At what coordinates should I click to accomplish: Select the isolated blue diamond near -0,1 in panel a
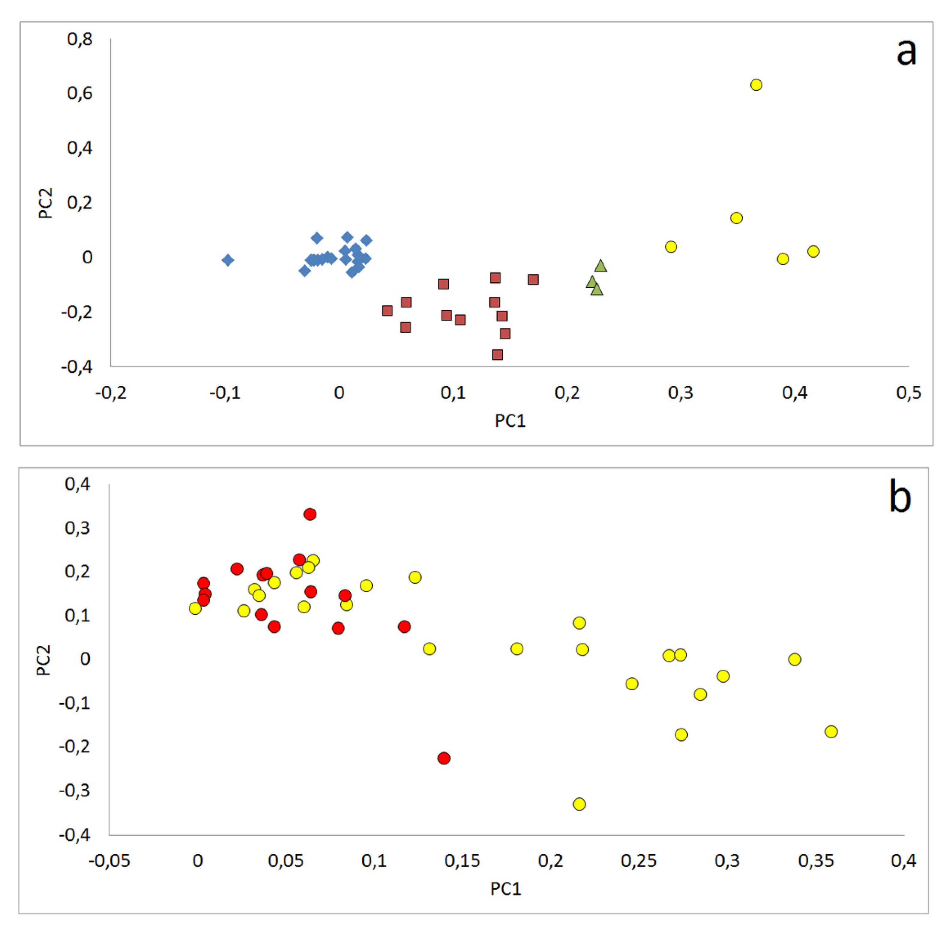tap(228, 260)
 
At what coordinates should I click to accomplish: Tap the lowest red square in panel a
tap(497, 354)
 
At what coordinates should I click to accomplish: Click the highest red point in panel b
tap(310, 514)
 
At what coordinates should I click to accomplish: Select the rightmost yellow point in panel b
tap(831, 731)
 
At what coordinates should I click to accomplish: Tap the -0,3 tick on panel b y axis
tap(74, 790)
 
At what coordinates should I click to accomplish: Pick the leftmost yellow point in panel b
tap(195, 609)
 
